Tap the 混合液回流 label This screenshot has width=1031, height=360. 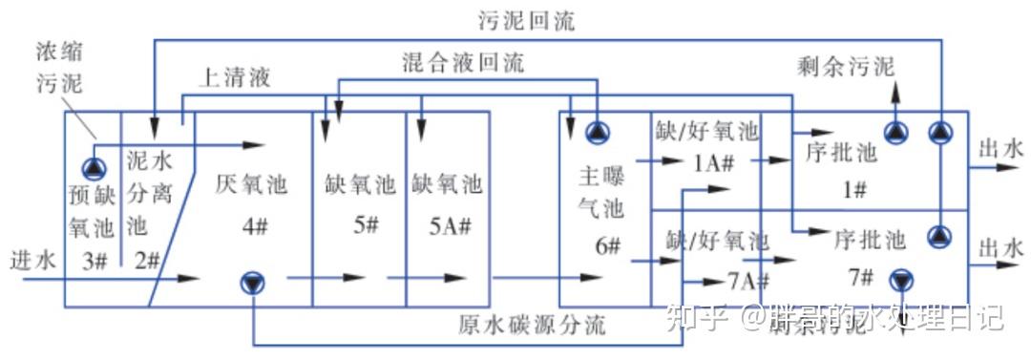[463, 64]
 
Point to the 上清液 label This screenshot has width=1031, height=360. [234, 79]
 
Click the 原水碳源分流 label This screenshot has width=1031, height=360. [533, 325]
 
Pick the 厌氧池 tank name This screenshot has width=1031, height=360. [252, 184]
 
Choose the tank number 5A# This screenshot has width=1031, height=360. [447, 228]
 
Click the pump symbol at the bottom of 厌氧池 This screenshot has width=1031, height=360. [253, 281]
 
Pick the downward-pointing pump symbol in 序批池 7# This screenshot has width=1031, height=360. [900, 281]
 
